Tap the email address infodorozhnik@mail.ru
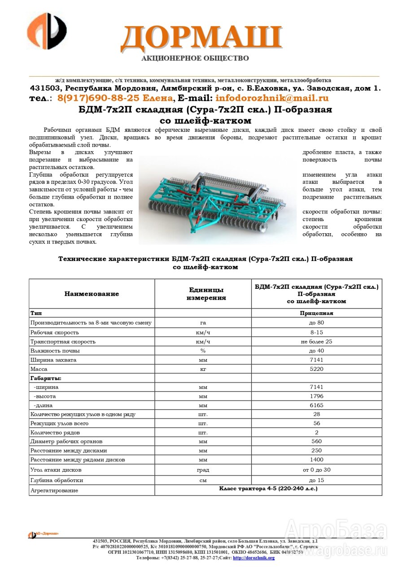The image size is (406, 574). [272, 98]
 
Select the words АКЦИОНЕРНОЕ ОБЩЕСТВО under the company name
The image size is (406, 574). [195, 58]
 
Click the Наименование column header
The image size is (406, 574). [92, 294]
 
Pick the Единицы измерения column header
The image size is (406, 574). [203, 294]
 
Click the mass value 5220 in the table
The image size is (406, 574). [316, 369]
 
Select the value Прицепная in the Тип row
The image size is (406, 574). [316, 313]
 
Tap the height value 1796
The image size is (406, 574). [316, 396]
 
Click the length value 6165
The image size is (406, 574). [316, 405]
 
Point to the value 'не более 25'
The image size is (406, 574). [316, 342]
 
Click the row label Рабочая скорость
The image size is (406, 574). [54, 332]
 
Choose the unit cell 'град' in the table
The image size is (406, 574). [203, 470]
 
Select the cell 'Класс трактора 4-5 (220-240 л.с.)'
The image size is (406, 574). [268, 488]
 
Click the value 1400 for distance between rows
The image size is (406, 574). [316, 460]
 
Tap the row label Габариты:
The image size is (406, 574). [46, 378]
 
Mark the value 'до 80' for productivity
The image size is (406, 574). [316, 322]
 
